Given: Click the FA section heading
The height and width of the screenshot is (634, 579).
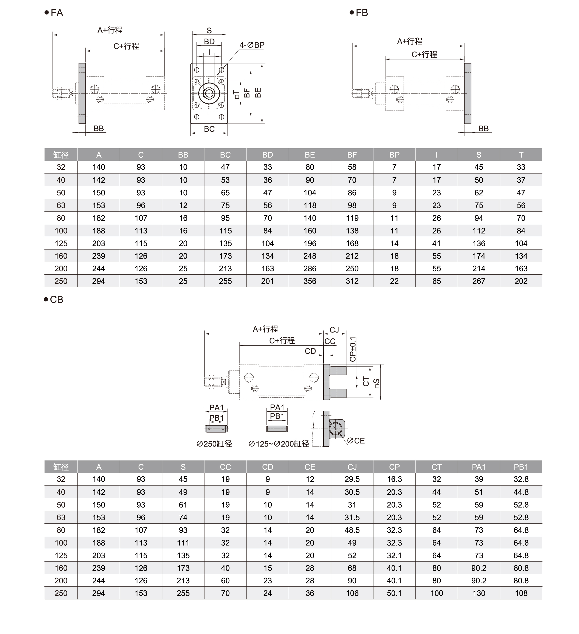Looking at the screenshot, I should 57,13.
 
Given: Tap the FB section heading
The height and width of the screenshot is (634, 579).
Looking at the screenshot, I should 361,13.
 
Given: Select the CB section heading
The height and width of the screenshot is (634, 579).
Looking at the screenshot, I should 56,299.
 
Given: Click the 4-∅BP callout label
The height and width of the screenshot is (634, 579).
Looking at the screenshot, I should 252,45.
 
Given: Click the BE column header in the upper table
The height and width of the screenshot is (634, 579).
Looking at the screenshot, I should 310,155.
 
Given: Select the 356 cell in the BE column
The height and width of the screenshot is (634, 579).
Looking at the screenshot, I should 310,281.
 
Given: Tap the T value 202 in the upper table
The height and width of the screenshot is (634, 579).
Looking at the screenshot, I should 521,281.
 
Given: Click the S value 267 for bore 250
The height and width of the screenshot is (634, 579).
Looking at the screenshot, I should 479,281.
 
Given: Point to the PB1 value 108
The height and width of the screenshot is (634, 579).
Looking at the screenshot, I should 521,593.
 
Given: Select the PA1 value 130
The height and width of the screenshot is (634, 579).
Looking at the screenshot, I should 479,593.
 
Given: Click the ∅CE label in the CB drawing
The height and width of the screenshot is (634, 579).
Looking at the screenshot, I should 356,441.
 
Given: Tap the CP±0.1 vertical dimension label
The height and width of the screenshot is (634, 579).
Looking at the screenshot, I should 353,349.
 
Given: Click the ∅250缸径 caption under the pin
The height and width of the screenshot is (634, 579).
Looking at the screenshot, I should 214,444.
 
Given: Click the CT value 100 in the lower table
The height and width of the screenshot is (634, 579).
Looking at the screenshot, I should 436,593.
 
